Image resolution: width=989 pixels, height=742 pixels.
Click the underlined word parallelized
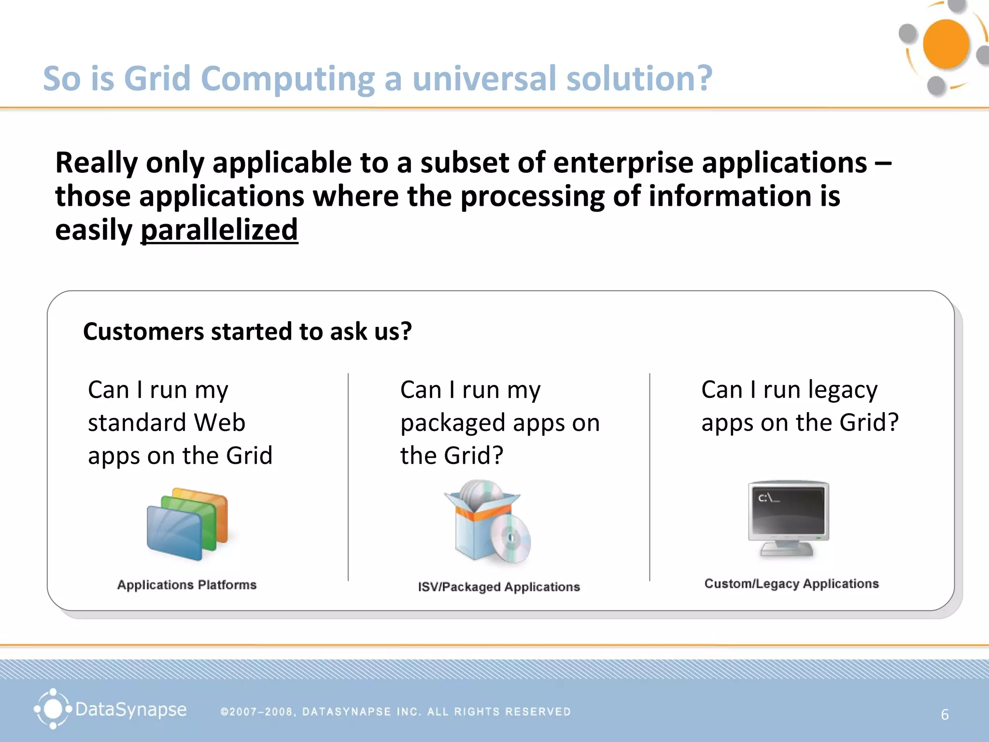click(219, 230)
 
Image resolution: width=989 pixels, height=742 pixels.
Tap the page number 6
click(945, 714)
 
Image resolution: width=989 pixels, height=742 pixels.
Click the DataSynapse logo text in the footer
click(130, 710)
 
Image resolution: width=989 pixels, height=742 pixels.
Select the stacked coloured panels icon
click(187, 524)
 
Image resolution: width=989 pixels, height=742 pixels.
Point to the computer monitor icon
click(788, 518)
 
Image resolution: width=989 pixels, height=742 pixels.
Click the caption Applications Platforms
click(187, 585)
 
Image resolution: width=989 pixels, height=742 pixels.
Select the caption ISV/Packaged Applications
click(499, 587)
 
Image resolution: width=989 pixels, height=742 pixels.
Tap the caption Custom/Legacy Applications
click(791, 584)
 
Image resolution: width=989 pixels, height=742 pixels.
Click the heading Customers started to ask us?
click(247, 331)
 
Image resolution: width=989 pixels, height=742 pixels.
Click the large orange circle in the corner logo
click(945, 44)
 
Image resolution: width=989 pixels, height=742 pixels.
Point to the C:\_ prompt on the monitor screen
click(768, 498)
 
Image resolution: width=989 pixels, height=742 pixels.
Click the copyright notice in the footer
click(396, 712)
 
